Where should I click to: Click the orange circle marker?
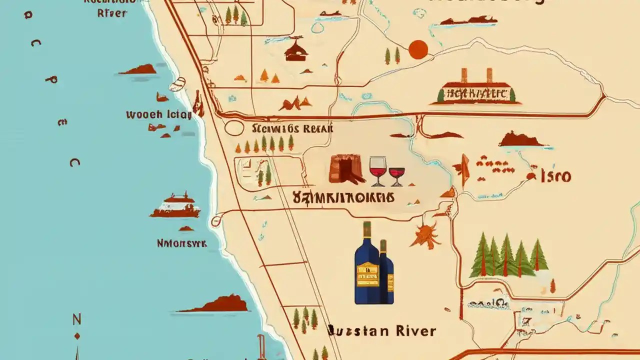click(x=418, y=49)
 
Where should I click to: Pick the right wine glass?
click(x=396, y=173)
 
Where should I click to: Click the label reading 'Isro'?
click(x=555, y=176)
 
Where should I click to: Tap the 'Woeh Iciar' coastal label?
click(x=158, y=114)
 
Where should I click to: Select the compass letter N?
click(x=76, y=319)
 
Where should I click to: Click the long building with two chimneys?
click(x=476, y=90)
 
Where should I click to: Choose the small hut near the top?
click(x=296, y=50)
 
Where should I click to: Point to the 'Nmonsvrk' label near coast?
click(x=181, y=243)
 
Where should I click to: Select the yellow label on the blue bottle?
click(x=367, y=274)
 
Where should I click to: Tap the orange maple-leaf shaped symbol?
click(x=425, y=235)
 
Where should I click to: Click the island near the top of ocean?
click(x=138, y=69)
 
